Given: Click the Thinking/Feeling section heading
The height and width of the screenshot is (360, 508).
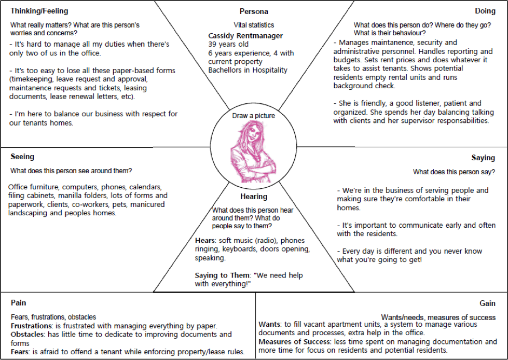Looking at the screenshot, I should tap(39, 11).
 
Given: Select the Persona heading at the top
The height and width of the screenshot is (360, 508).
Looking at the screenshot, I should tap(254, 11).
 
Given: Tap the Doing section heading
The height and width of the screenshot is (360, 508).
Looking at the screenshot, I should tap(485, 11).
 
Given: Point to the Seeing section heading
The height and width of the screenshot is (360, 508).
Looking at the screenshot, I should tap(22, 157).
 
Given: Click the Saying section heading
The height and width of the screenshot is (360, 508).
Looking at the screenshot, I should tap(483, 158).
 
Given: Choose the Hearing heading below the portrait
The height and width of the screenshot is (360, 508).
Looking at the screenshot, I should tap(254, 197).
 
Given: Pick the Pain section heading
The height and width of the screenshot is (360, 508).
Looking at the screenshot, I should tap(18, 303).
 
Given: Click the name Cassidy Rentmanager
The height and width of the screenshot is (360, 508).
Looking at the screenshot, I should tap(245, 36).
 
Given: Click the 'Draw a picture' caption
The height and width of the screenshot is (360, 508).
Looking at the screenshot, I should tap(254, 115).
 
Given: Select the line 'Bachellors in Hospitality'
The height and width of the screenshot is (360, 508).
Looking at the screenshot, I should tap(248, 71).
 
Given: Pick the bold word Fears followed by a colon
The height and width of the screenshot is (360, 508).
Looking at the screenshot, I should tap(21, 352).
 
